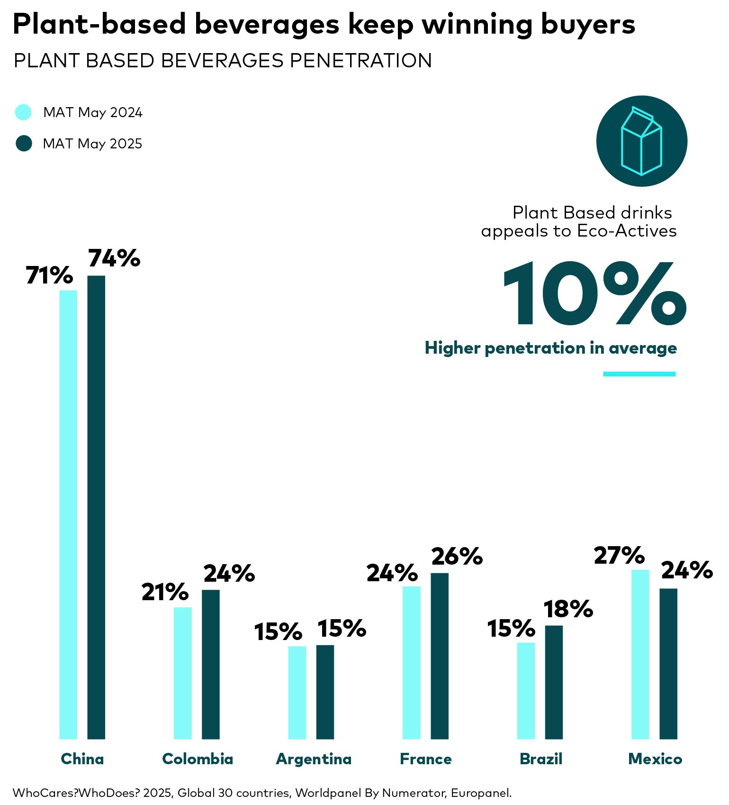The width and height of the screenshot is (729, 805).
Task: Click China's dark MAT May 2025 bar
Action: point(96,507)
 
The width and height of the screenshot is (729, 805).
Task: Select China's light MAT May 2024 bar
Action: point(68,514)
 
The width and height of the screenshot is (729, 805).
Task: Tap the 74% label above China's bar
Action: point(114,258)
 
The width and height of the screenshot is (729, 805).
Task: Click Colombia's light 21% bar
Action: point(183,673)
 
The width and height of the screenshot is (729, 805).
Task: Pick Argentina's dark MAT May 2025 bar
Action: point(325,692)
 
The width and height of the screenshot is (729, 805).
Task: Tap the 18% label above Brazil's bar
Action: point(568,609)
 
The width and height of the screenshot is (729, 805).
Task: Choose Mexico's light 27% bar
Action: point(640,654)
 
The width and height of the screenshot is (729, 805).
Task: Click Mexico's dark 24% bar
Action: point(668,663)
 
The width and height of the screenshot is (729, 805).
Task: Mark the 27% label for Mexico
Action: point(619,556)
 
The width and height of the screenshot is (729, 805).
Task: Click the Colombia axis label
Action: point(198,759)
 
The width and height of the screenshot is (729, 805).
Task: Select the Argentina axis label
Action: point(314,759)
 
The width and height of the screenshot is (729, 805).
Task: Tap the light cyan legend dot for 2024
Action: point(23,112)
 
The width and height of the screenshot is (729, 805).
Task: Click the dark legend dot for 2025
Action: point(23,143)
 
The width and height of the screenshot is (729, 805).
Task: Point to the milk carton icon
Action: point(641,141)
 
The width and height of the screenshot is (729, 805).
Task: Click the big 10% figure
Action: point(594,293)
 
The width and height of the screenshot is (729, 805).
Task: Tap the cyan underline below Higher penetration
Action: point(639,374)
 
